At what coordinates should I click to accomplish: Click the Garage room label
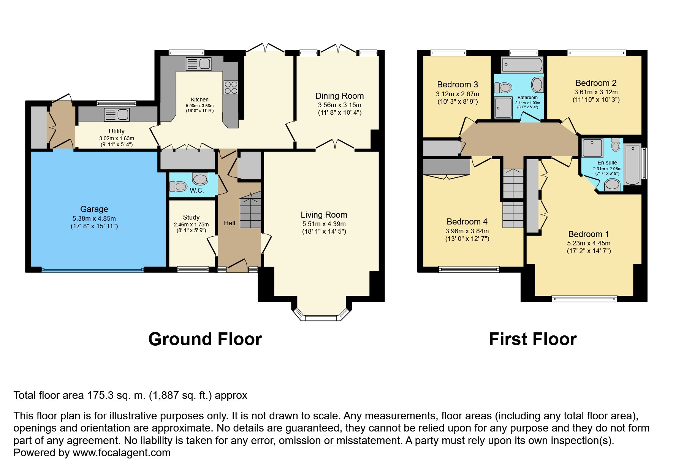coord(94,209)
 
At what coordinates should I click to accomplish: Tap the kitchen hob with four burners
coord(231,88)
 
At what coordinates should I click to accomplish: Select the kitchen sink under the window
coord(198,64)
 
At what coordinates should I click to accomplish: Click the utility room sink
coord(117,114)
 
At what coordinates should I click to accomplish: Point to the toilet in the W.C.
coord(178,187)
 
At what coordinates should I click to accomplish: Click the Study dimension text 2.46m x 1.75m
coord(191,224)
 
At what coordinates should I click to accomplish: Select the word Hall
coord(230,223)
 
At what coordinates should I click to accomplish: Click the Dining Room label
coord(339,96)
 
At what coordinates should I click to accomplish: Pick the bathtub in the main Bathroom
coord(522,65)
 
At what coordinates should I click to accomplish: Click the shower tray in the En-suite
coord(592,148)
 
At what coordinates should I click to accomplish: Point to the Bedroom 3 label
coord(458,84)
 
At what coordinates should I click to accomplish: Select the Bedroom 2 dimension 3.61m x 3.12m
coord(596,92)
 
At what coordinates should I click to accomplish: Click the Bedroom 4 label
coord(467,221)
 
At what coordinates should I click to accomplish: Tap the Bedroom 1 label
coord(589,234)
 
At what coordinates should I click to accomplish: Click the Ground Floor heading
coord(205,339)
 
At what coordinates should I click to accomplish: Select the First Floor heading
coord(532,339)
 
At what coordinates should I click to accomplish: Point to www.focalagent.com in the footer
coord(122,453)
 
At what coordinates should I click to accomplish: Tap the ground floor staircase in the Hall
coord(250,213)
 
